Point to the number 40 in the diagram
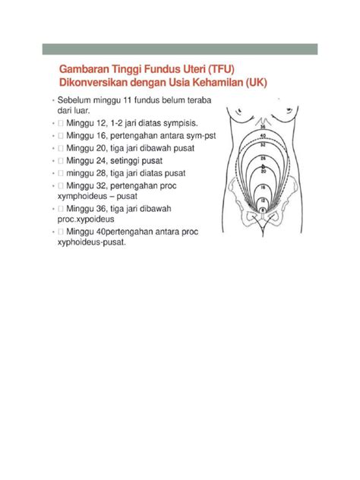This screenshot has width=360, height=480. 263,135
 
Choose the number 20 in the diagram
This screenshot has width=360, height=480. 263,172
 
